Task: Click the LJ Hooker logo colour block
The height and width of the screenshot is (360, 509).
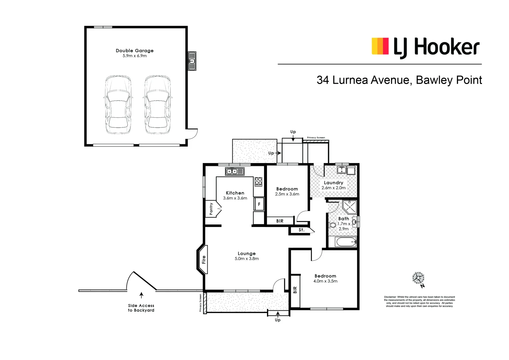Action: [x=380, y=46]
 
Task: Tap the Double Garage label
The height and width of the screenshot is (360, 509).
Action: [x=135, y=51]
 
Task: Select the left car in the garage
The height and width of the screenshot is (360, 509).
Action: [x=118, y=105]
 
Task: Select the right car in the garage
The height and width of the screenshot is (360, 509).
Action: [x=157, y=105]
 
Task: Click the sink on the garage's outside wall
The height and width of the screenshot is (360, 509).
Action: [x=192, y=61]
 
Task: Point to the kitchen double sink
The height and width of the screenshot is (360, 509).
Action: [x=235, y=171]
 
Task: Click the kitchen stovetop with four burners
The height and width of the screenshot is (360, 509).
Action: [x=258, y=182]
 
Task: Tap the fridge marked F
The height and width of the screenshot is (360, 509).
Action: [x=259, y=204]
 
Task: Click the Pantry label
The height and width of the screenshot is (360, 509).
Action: [x=211, y=209]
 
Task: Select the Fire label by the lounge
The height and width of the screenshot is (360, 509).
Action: [x=204, y=259]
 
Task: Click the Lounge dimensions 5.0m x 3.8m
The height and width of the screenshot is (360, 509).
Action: [x=247, y=259]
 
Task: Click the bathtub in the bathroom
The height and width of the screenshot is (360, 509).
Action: [x=346, y=242]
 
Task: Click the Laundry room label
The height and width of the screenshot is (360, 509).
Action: [x=333, y=183]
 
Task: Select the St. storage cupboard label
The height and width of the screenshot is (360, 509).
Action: [x=301, y=230]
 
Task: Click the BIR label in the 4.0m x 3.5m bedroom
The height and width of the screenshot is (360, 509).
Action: [x=295, y=290]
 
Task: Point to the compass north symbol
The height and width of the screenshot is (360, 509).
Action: [x=418, y=278]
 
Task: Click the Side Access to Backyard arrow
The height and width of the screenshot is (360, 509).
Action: [x=141, y=295]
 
